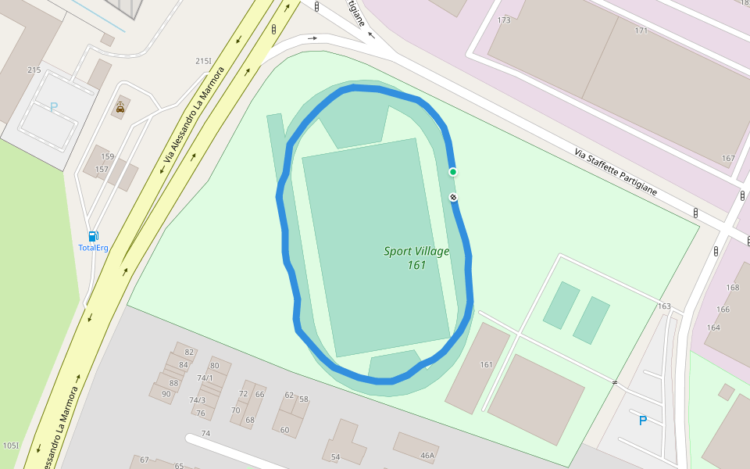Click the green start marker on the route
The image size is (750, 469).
(452, 172)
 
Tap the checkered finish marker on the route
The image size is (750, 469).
(453, 198)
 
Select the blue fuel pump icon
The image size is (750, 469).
(93, 236)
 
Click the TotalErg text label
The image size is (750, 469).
(93, 248)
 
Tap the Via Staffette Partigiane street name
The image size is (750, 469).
(615, 172)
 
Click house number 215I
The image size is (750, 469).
(204, 61)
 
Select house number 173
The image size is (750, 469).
(504, 20)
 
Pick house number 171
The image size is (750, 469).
(641, 30)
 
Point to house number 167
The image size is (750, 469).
(728, 159)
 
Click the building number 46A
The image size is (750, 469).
(427, 455)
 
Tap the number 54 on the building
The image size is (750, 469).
(336, 456)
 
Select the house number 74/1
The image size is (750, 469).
(205, 378)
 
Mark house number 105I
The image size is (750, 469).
(10, 446)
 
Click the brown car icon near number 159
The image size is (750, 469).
(120, 108)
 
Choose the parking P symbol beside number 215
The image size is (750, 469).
(54, 107)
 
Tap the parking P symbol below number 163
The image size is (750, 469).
(643, 421)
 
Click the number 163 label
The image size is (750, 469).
(664, 306)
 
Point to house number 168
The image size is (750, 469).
(733, 288)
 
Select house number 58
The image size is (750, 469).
(304, 399)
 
